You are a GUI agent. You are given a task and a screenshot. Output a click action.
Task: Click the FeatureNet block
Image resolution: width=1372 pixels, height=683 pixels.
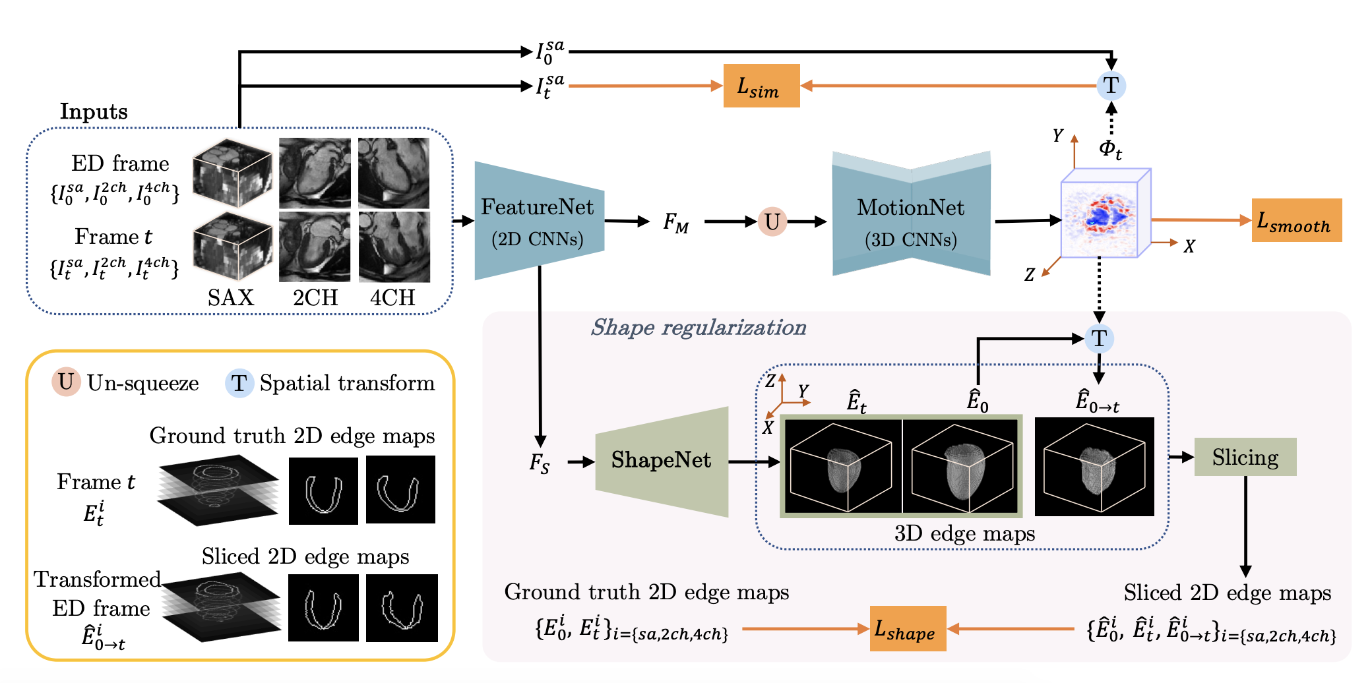pyautogui.click(x=538, y=221)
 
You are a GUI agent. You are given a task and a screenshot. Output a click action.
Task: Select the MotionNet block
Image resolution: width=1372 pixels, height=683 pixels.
pyautogui.click(x=910, y=221)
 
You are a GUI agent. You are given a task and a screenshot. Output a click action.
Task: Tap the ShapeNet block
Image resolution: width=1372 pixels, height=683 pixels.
pyautogui.click(x=661, y=460)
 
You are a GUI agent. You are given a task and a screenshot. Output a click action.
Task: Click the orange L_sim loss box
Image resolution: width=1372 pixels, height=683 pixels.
pyautogui.click(x=761, y=86)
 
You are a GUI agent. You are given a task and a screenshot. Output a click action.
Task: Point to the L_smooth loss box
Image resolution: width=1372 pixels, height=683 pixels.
pyautogui.click(x=1296, y=220)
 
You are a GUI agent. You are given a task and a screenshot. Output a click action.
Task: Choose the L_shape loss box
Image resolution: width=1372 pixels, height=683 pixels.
pyautogui.click(x=908, y=629)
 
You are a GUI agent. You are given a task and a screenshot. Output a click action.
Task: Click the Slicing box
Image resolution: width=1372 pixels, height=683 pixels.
pyautogui.click(x=1245, y=457)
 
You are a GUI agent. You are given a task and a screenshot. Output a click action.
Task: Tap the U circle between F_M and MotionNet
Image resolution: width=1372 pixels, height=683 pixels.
pyautogui.click(x=772, y=222)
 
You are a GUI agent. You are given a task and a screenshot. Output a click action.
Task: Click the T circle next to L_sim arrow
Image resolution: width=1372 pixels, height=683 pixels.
pyautogui.click(x=1111, y=86)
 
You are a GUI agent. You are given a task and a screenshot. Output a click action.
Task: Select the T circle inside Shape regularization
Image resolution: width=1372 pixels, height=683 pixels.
pyautogui.click(x=1099, y=339)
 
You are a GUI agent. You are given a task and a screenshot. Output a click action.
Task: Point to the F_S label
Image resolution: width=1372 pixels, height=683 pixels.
pyautogui.click(x=540, y=463)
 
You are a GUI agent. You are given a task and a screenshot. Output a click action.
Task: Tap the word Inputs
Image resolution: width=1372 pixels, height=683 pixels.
pyautogui.click(x=94, y=111)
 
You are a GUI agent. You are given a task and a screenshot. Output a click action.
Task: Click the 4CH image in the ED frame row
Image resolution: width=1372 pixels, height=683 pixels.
pyautogui.click(x=394, y=173)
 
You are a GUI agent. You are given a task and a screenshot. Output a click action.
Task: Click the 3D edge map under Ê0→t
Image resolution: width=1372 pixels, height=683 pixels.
pyautogui.click(x=1094, y=467)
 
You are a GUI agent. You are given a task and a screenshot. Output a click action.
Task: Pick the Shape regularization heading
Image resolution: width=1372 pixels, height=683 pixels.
pyautogui.click(x=698, y=328)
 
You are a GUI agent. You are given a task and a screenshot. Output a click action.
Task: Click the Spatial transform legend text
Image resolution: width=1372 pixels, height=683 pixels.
pyautogui.click(x=347, y=383)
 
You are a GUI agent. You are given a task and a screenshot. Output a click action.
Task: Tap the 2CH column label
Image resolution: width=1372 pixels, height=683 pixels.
pyautogui.click(x=315, y=297)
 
